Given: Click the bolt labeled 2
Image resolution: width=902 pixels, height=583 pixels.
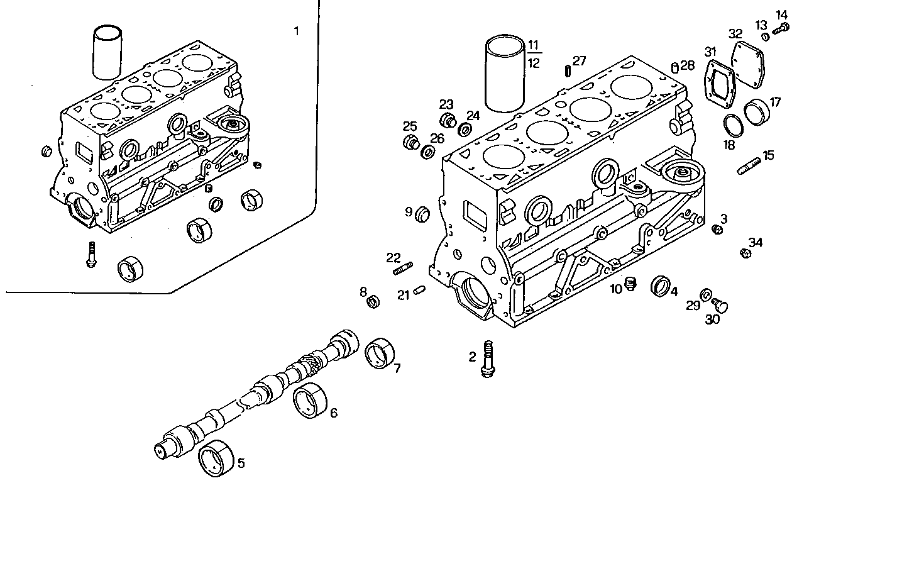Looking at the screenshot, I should (487, 359).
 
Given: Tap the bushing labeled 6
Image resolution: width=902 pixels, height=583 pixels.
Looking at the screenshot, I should (309, 400).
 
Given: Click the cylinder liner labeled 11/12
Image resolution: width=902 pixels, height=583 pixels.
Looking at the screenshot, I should (505, 74).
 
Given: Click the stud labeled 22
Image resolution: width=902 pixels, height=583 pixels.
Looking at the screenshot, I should (402, 270).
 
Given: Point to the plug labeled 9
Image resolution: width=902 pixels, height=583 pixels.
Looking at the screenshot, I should (422, 214).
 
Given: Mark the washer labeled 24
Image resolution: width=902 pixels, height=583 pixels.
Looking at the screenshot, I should (466, 130).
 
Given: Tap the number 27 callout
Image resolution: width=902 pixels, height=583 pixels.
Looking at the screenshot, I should (579, 60).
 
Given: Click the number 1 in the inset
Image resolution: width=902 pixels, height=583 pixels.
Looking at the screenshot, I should (297, 31).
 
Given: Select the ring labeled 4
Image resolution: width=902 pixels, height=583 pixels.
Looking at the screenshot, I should (661, 286).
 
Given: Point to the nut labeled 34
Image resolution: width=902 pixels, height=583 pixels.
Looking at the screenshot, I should (745, 253).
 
